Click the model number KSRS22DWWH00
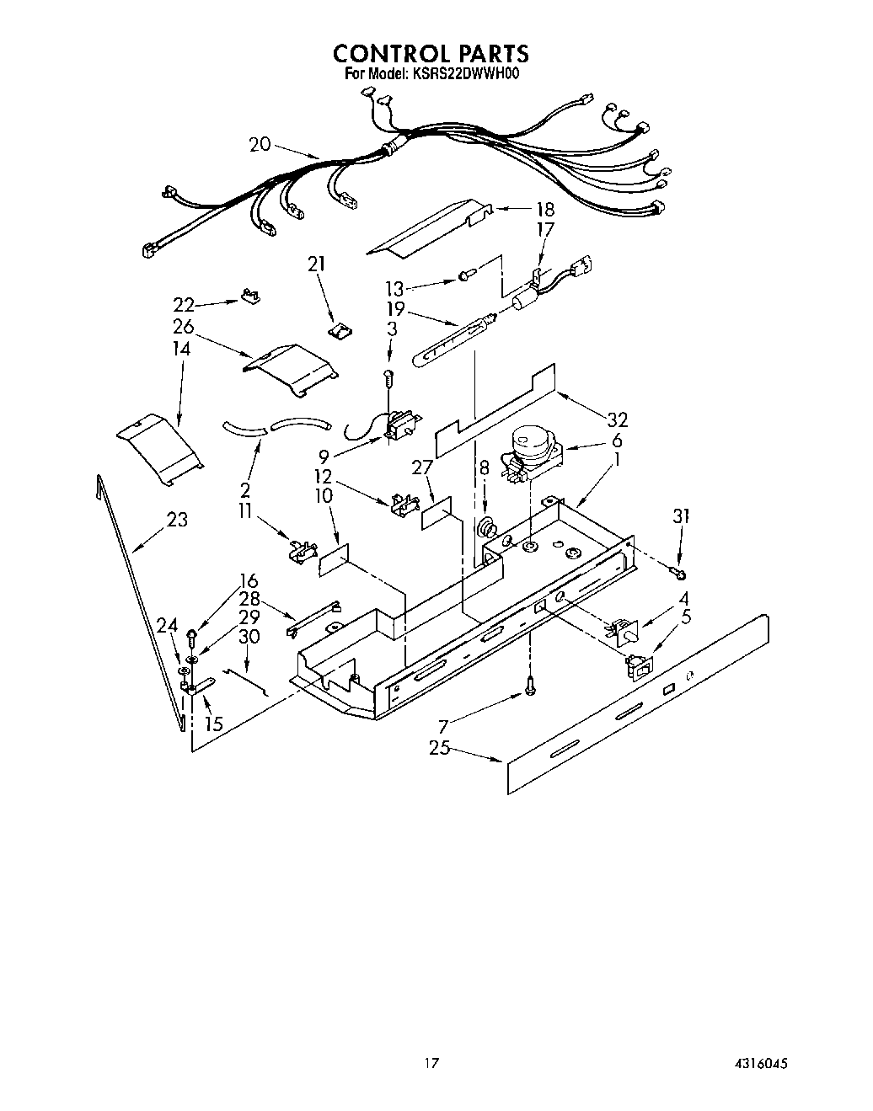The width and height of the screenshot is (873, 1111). pyautogui.click(x=465, y=74)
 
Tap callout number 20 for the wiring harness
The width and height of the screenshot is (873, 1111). pyautogui.click(x=260, y=145)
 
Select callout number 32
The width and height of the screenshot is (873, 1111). pyautogui.click(x=617, y=419)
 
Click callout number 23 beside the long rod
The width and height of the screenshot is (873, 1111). pyautogui.click(x=177, y=520)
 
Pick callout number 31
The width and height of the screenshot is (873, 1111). pyautogui.click(x=681, y=517)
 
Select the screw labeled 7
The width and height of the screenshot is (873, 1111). pyautogui.click(x=530, y=687)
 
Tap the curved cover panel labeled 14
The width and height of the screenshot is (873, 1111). pyautogui.click(x=160, y=447)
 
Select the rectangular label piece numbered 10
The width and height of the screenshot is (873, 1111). pyautogui.click(x=333, y=559)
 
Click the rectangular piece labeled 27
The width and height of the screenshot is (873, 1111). pyautogui.click(x=436, y=514)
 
